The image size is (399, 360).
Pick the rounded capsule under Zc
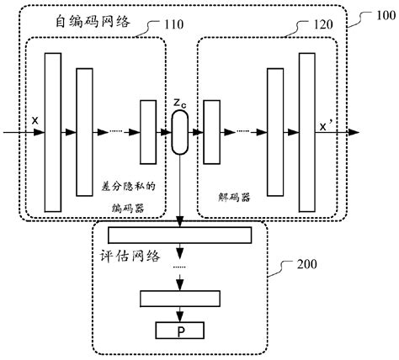pyautogui.click(x=181, y=133)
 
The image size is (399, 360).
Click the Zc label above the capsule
pyautogui.click(x=180, y=103)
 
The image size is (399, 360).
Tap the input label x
pyautogui.click(x=35, y=120)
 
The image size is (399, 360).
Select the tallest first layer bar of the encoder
pyautogui.click(x=53, y=132)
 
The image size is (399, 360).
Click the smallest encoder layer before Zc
pyautogui.click(x=148, y=132)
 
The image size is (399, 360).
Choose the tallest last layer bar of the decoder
pyautogui.click(x=307, y=132)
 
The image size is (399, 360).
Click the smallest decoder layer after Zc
pyautogui.click(x=210, y=133)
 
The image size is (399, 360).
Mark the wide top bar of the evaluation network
pyautogui.click(x=180, y=236)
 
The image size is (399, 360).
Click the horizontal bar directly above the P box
pyautogui.click(x=181, y=298)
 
